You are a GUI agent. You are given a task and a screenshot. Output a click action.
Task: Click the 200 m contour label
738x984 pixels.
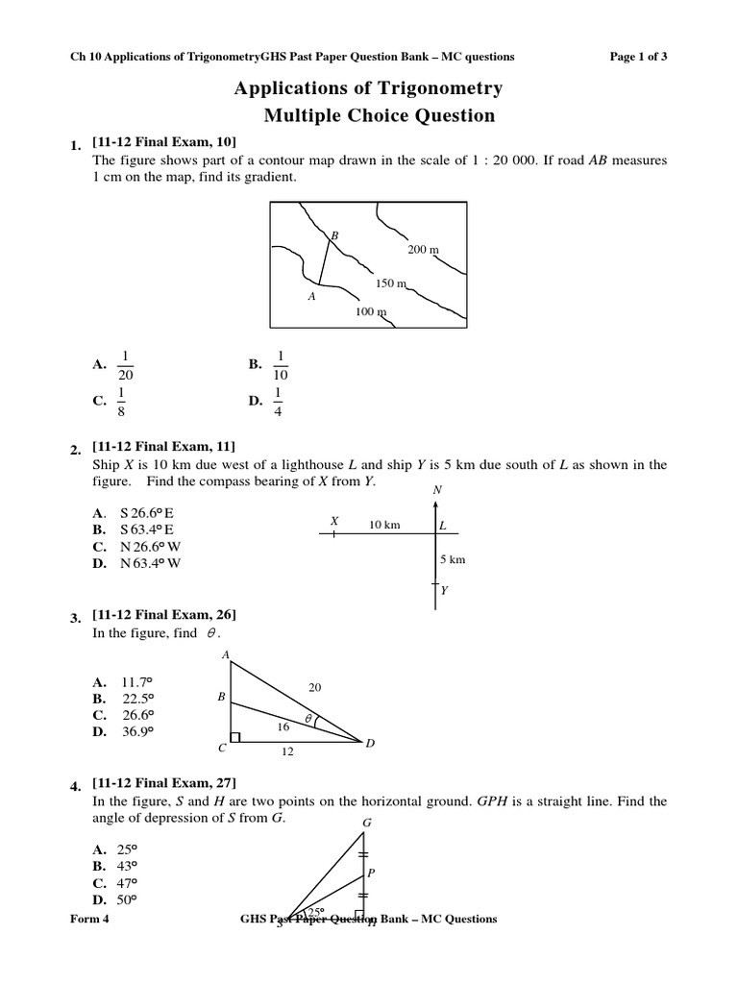coord(423,249)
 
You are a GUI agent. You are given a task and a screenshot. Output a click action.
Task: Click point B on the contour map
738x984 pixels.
coord(334,235)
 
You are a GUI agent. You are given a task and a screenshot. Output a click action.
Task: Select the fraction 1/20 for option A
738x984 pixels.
coord(125,364)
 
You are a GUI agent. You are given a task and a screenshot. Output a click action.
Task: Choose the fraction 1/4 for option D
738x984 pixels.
coord(278,402)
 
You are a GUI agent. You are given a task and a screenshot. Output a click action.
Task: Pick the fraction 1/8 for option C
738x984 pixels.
coord(121,402)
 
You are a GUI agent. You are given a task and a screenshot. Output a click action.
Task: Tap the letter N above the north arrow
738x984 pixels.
coord(437,490)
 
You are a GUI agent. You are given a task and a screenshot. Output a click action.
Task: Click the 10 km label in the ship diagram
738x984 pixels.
coord(384,525)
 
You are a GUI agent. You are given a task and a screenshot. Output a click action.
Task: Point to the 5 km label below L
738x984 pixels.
coord(452,559)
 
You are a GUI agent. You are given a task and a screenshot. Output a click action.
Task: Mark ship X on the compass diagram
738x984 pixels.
coord(334,522)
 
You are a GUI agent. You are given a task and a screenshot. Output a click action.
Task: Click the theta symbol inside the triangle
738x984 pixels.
coord(309,718)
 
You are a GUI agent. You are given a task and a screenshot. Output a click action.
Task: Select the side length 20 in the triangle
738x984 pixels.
coord(314,686)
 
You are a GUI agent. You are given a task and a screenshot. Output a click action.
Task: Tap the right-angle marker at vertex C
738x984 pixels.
coord(235,737)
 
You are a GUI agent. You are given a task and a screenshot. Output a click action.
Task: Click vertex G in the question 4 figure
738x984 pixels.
coord(366,823)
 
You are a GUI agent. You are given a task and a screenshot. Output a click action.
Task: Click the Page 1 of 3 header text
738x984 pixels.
coord(639,57)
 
